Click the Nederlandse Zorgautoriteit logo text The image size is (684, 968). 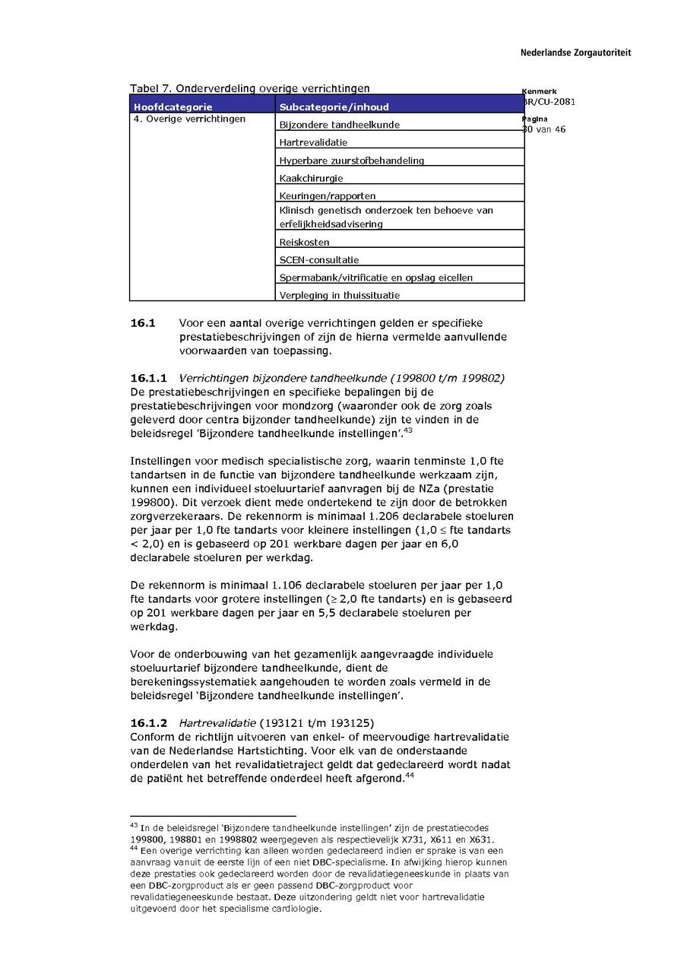575,53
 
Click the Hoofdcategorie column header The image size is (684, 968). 173,107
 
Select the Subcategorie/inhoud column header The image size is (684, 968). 334,107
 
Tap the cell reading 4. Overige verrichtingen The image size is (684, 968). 189,119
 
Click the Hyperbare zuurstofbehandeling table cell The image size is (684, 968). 352,160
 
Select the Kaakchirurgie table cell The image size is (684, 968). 311,178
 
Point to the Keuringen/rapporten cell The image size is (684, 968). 328,196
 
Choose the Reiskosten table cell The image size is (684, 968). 304,242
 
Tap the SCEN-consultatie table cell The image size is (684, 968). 319,260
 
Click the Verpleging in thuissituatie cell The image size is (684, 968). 340,295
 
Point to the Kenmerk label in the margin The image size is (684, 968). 539,91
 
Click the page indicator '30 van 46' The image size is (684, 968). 544,129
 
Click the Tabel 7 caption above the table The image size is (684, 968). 250,88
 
